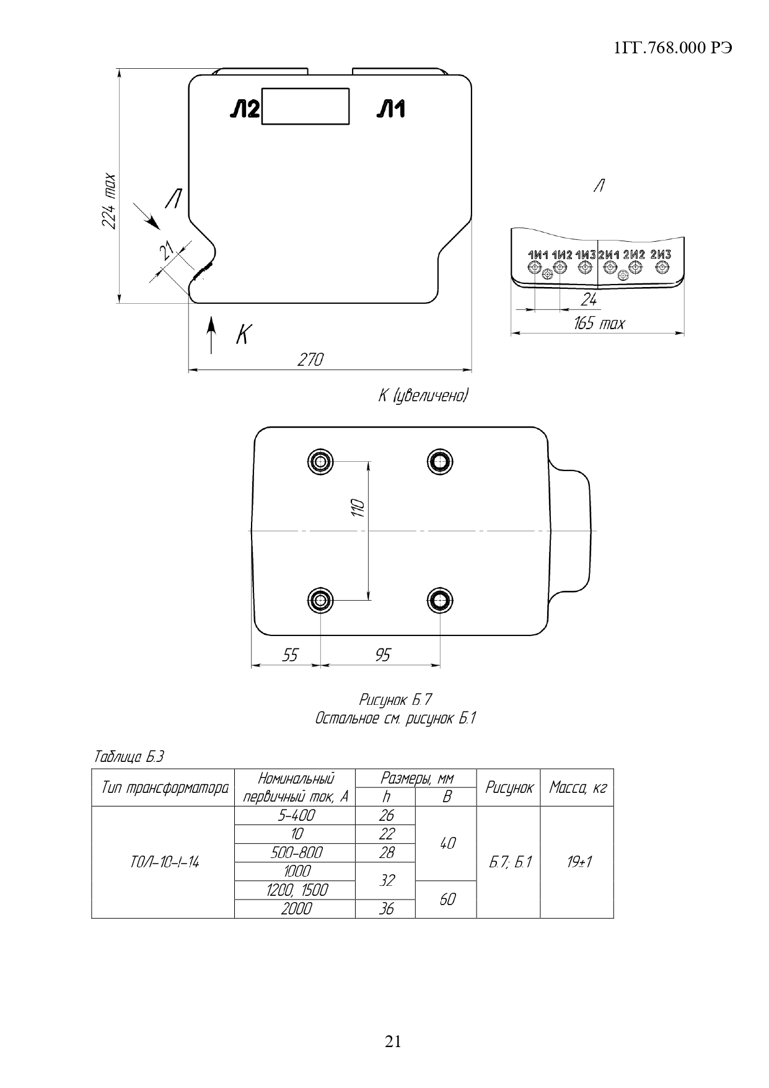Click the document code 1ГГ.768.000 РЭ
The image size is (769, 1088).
[673, 49]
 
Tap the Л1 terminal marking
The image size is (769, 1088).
[391, 110]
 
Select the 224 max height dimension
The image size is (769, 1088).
[109, 200]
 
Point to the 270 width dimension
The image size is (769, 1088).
[310, 360]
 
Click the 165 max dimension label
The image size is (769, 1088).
[599, 324]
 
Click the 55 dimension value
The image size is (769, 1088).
[290, 655]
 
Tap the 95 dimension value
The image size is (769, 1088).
[383, 655]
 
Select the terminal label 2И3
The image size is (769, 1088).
[661, 255]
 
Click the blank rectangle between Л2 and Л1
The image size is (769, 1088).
[305, 107]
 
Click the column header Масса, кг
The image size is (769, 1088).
[578, 787]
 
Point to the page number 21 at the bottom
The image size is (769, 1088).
[393, 1042]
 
